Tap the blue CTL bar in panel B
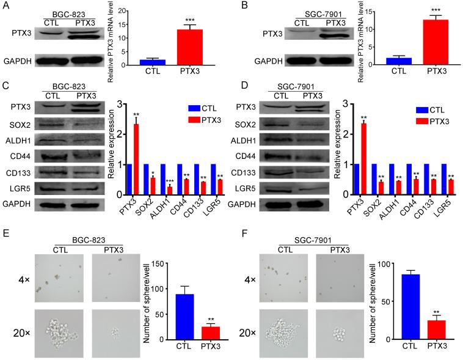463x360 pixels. click(x=399, y=62)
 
